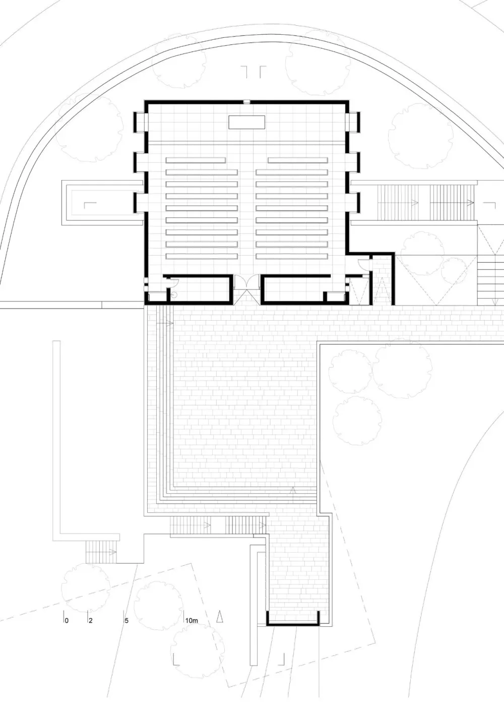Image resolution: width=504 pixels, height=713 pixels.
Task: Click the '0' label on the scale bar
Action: (67, 620)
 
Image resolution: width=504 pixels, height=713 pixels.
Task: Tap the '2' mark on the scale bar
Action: (91, 620)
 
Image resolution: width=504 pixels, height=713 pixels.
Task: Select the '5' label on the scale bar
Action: (127, 620)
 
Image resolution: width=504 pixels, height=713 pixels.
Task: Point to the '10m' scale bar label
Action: (192, 620)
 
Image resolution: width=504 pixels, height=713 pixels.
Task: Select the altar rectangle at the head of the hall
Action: (246, 122)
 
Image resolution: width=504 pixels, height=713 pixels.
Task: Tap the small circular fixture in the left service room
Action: (174, 295)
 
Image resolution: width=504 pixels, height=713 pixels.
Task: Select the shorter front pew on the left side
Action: (196, 160)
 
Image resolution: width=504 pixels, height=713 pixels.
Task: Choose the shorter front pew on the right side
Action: (298, 160)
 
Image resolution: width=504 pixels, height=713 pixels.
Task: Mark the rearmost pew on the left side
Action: (202, 256)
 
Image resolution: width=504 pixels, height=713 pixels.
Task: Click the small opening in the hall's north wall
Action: (246, 102)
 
